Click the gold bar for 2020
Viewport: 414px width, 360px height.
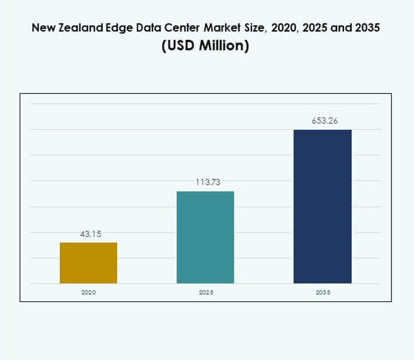(88, 263)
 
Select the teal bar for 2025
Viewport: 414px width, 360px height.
(205, 237)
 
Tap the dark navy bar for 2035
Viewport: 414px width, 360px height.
(323, 206)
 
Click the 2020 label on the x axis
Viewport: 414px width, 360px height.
(89, 293)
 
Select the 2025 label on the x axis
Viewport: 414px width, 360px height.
(205, 293)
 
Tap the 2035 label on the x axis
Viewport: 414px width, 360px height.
(323, 293)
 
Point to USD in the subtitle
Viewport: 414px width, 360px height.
(180, 47)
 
